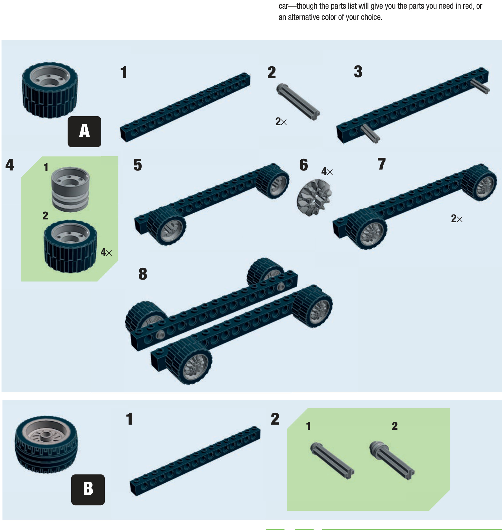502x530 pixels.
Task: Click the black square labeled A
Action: [x=84, y=131]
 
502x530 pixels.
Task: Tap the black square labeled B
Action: [x=88, y=490]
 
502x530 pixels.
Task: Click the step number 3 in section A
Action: [x=358, y=72]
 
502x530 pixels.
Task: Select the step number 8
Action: [x=143, y=274]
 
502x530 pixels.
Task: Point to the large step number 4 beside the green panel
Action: [x=10, y=165]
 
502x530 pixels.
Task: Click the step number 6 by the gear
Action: [x=304, y=165]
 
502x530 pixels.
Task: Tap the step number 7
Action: [x=382, y=164]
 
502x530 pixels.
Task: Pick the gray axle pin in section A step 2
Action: [x=298, y=102]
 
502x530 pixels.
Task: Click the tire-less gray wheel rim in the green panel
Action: [x=70, y=189]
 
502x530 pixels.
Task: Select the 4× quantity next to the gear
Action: [x=327, y=171]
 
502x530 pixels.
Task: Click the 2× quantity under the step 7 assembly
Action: [x=457, y=219]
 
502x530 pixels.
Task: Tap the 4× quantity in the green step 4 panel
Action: [x=106, y=252]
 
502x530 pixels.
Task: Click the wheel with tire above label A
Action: [x=50, y=90]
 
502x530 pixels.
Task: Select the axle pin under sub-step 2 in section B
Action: [x=392, y=460]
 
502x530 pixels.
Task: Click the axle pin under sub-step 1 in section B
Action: [x=332, y=461]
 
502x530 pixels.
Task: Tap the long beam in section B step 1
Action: [x=195, y=461]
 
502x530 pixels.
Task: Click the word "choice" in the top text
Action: [x=371, y=17]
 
